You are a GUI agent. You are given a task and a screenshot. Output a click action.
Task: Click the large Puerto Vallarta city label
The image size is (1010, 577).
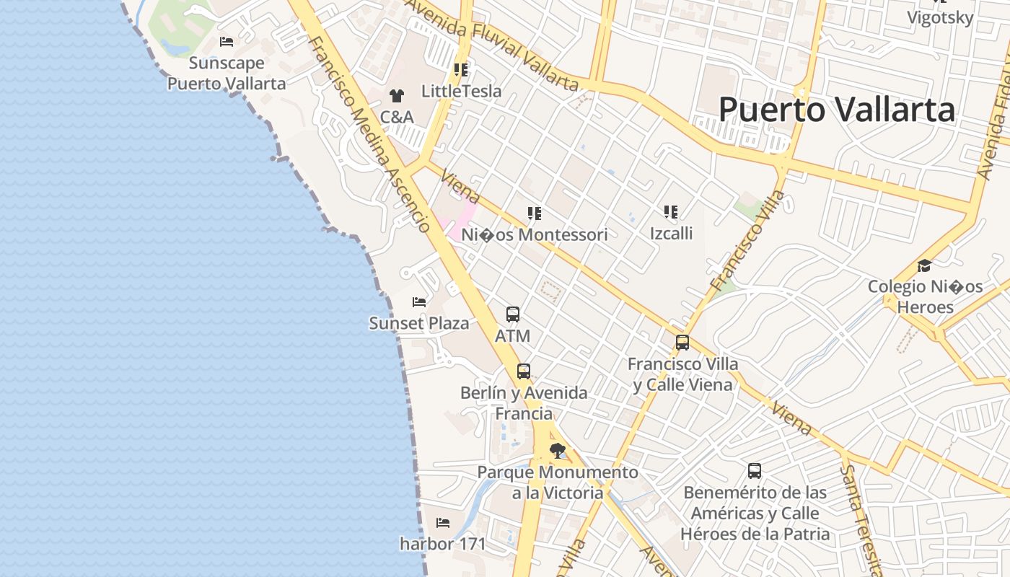click(x=837, y=110)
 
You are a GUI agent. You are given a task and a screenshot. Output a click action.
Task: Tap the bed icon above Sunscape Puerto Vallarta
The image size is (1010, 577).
click(x=227, y=42)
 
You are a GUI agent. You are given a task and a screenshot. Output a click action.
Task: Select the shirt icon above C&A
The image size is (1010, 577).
click(x=396, y=95)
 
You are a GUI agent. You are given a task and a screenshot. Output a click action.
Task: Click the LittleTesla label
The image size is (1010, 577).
click(x=461, y=92)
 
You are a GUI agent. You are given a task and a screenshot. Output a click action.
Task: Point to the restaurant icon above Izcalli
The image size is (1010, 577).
click(x=671, y=212)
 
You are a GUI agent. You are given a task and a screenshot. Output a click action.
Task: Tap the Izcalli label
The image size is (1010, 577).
click(x=671, y=233)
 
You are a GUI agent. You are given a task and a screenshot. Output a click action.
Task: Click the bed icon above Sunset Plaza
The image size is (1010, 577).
click(x=419, y=301)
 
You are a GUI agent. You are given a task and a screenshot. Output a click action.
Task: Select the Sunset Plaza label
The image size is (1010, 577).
click(x=419, y=323)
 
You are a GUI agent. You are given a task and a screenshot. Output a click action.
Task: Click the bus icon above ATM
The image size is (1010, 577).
click(x=513, y=314)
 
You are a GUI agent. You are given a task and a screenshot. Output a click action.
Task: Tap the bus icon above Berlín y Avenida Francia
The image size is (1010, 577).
click(x=524, y=371)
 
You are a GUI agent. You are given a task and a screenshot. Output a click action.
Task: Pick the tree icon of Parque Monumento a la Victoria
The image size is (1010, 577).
click(x=557, y=452)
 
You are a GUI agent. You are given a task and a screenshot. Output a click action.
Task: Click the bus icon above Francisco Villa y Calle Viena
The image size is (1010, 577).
click(x=682, y=343)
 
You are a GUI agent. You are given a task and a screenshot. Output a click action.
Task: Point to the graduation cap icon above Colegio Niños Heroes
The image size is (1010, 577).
click(x=924, y=265)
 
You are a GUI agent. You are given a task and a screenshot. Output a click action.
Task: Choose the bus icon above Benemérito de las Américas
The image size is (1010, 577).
click(x=755, y=471)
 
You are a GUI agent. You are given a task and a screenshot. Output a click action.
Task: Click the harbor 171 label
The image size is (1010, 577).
click(x=443, y=544)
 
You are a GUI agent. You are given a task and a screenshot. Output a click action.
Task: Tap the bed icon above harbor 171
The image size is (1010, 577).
click(x=443, y=522)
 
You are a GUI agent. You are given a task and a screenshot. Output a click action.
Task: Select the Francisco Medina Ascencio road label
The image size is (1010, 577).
click(x=369, y=133)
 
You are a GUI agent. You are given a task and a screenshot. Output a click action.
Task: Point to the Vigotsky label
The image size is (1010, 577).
click(x=940, y=18)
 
